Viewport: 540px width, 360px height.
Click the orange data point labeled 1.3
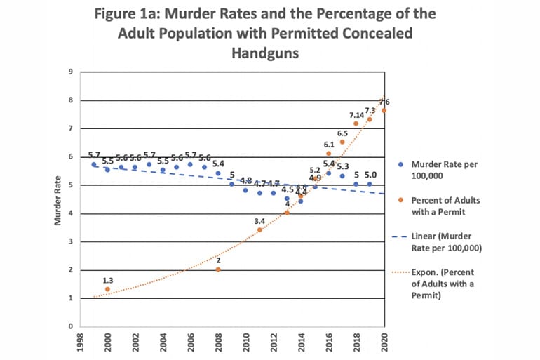point(107,289)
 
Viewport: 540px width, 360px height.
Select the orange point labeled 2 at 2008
point(218,269)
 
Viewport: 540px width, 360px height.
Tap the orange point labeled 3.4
point(259,229)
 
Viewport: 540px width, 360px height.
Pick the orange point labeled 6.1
point(328,153)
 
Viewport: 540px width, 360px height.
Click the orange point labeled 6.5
point(342,142)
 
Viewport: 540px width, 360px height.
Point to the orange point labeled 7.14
point(356,124)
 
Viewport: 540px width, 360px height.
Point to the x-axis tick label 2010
point(246,344)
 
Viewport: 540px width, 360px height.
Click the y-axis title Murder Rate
point(59,199)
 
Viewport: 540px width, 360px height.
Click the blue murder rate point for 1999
point(94,164)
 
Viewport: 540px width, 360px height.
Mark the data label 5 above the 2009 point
point(231,175)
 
